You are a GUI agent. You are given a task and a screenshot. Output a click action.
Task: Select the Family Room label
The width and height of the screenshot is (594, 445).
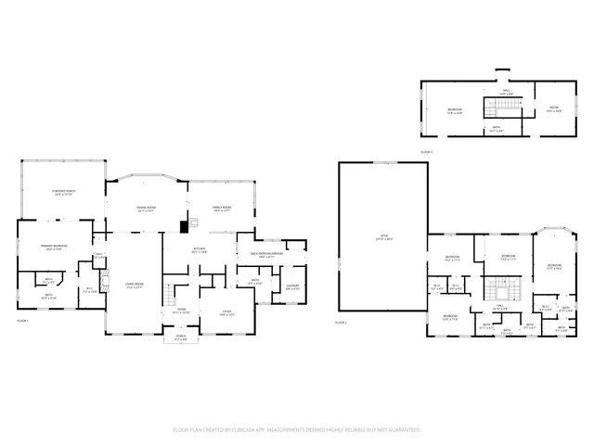point(222,209)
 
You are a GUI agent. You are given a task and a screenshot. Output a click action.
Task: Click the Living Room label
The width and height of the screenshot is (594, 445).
point(135,286)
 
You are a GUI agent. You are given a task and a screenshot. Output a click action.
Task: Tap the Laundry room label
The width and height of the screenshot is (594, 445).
point(292,286)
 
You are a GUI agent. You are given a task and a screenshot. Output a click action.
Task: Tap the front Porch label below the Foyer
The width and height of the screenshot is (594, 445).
point(182,338)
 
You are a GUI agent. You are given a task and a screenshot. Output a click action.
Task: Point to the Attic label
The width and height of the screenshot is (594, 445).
point(382,237)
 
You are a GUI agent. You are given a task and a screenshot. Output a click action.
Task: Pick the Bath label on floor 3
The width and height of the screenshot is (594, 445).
point(496,129)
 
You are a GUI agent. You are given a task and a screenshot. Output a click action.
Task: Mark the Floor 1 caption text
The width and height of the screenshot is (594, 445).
point(23,321)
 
